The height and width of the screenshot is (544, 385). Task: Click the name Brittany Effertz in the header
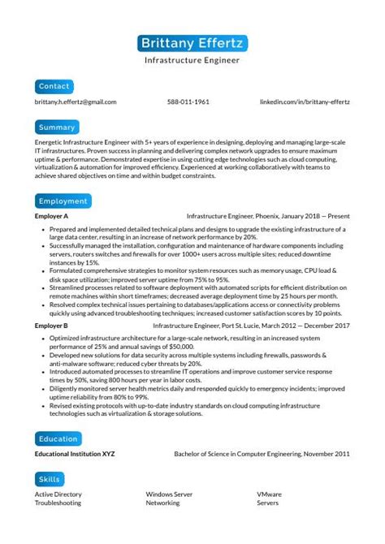click(x=192, y=43)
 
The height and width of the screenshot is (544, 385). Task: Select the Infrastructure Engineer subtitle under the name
click(x=192, y=61)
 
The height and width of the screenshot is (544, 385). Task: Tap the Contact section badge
click(x=54, y=86)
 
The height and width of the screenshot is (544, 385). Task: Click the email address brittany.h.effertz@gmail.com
click(x=76, y=102)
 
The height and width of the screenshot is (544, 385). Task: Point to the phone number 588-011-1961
click(x=188, y=102)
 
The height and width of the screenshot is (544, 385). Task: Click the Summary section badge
click(x=57, y=127)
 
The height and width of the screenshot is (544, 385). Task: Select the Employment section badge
click(x=63, y=201)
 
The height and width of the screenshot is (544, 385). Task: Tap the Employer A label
click(x=51, y=217)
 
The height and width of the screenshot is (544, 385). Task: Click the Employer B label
click(x=51, y=325)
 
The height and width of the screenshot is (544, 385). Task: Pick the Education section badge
click(x=58, y=438)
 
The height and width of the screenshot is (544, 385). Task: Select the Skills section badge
click(x=50, y=480)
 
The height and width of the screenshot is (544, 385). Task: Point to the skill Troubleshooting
click(x=58, y=503)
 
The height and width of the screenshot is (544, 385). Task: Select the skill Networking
click(x=162, y=503)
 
